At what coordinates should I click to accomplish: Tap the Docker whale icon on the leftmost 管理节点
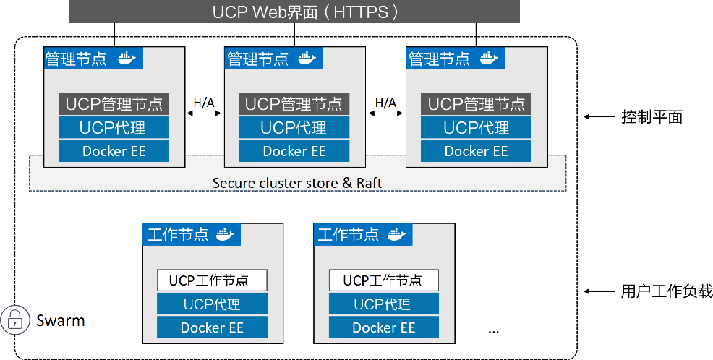[127, 59]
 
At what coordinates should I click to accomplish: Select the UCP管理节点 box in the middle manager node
[294, 104]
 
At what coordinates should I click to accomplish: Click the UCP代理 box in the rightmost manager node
[476, 128]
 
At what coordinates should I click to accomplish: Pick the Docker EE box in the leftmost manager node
[114, 151]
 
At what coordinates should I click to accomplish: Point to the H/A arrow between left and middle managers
[204, 113]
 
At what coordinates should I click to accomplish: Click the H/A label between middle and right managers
[385, 102]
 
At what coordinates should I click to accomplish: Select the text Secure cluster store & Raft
[297, 183]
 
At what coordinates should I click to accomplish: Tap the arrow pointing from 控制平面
[597, 116]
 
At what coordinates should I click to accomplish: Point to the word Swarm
[61, 320]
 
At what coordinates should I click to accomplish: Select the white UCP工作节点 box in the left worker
[213, 280]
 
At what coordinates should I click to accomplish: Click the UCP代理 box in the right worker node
[383, 304]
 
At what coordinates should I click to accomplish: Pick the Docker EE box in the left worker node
[213, 327]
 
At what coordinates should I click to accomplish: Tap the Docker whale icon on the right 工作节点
[396, 234]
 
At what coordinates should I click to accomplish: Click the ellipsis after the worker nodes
[494, 330]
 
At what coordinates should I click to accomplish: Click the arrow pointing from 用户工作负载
[597, 291]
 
